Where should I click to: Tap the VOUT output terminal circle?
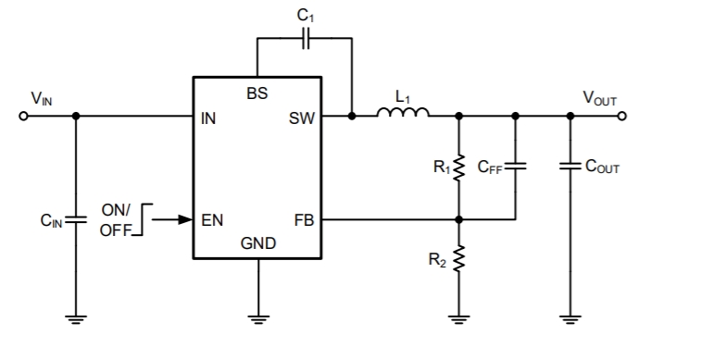(x=621, y=117)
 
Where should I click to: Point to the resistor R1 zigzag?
(x=457, y=168)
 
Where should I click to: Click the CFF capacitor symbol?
(x=516, y=168)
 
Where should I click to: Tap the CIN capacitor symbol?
(x=76, y=220)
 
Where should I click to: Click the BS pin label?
(x=257, y=93)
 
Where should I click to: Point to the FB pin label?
(x=303, y=220)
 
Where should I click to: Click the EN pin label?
(x=212, y=220)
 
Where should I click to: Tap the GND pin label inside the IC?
(x=257, y=244)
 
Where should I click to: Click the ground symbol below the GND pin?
(x=257, y=319)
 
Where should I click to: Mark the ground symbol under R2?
(x=457, y=319)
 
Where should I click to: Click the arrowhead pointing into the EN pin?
(x=185, y=220)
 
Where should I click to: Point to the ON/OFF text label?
(x=116, y=219)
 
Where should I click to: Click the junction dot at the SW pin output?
(x=352, y=117)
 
